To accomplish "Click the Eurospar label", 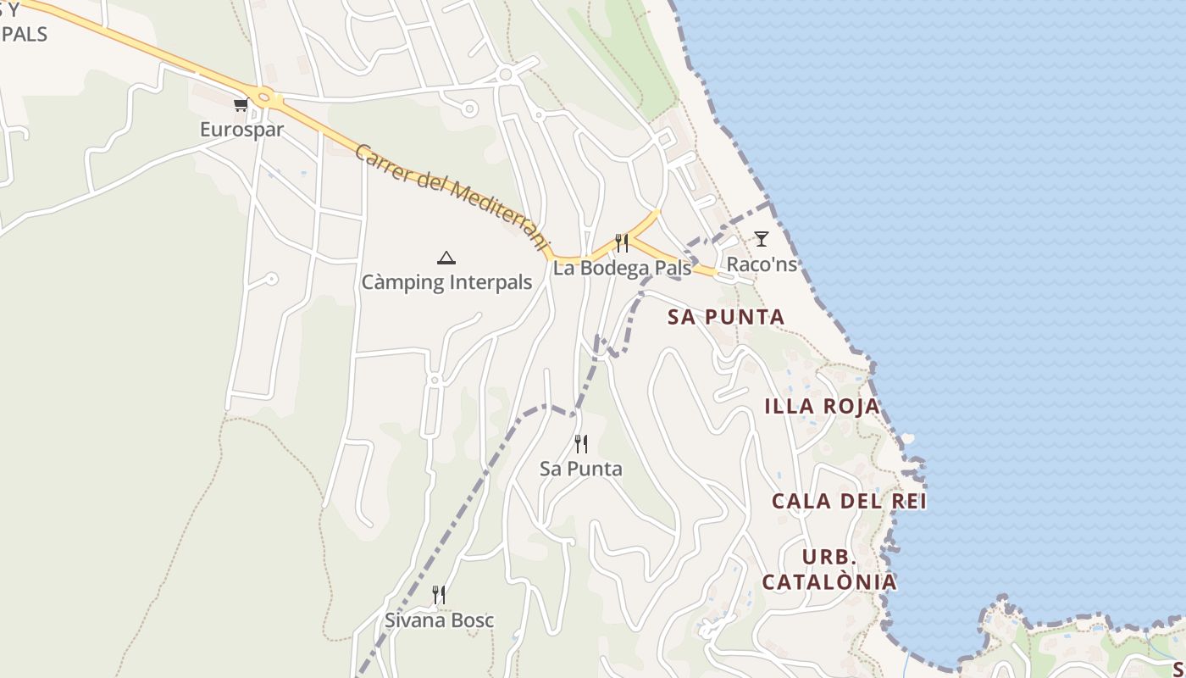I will [241, 130].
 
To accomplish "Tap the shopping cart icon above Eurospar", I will [241, 105].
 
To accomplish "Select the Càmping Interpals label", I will [446, 282].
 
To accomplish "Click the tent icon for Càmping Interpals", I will [446, 258].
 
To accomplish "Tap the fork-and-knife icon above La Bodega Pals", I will [622, 243].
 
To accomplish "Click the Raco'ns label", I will [762, 264].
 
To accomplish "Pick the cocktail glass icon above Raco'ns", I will [762, 239].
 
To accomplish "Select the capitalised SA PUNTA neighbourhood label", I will [726, 317].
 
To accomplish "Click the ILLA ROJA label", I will [823, 407].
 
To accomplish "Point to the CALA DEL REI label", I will [849, 501].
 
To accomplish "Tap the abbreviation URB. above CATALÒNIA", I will [829, 558].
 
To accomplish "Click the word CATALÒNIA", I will [829, 581].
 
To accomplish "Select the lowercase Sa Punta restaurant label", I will [581, 469].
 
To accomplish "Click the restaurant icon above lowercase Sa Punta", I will [581, 443].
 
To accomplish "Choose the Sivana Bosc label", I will [440, 620].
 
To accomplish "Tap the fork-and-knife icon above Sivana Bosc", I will [439, 595].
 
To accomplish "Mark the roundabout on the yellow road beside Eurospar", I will [265, 98].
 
